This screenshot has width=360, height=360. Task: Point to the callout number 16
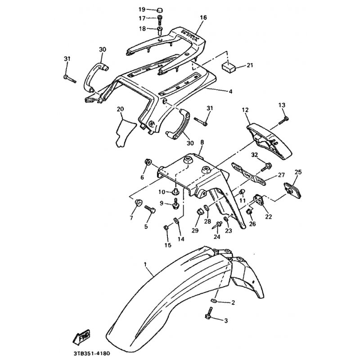[203, 18]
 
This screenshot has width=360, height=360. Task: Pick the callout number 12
[245, 110]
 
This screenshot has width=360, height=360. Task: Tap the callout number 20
[120, 109]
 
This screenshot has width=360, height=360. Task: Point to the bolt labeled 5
[150, 209]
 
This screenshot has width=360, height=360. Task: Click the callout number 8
[202, 142]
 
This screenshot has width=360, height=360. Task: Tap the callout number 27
[281, 175]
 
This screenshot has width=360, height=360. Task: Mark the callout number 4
[230, 92]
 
